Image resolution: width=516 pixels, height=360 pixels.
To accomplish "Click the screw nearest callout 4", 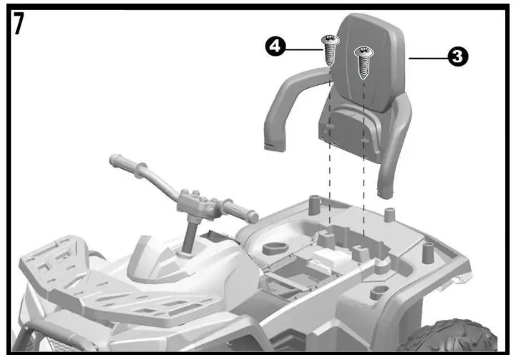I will pyautogui.click(x=331, y=50).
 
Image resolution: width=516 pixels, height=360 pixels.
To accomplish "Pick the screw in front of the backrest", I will pyautogui.click(x=364, y=61).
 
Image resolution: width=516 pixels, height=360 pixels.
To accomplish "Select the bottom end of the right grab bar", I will pyautogui.click(x=386, y=190).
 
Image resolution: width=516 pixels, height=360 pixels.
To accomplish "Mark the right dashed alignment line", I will pyautogui.click(x=364, y=193).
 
